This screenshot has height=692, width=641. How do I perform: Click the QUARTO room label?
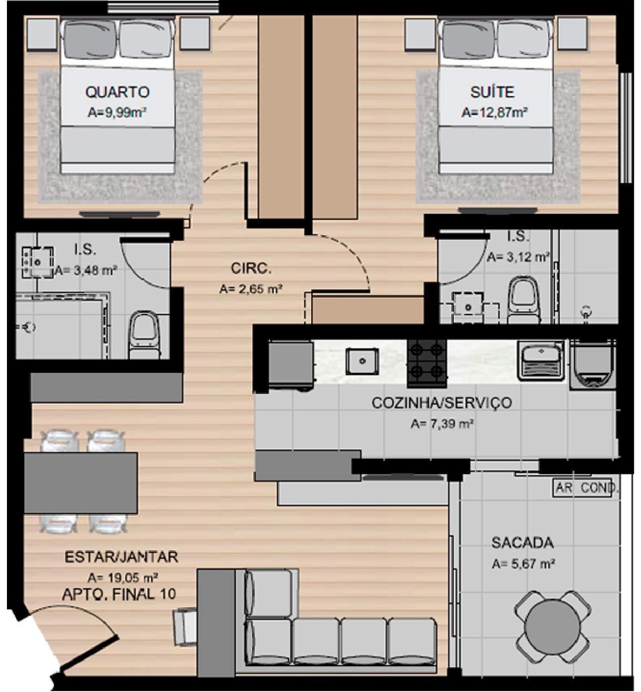pyautogui.click(x=117, y=92)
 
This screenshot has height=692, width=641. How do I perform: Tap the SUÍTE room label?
pyautogui.click(x=492, y=92)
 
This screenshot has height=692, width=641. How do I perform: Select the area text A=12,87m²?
pyautogui.click(x=494, y=112)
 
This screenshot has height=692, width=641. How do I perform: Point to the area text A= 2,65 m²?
pyautogui.click(x=250, y=289)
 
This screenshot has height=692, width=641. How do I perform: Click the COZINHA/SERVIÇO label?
pyautogui.click(x=442, y=403)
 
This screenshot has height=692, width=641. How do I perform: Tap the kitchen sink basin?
pyautogui.click(x=362, y=361)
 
